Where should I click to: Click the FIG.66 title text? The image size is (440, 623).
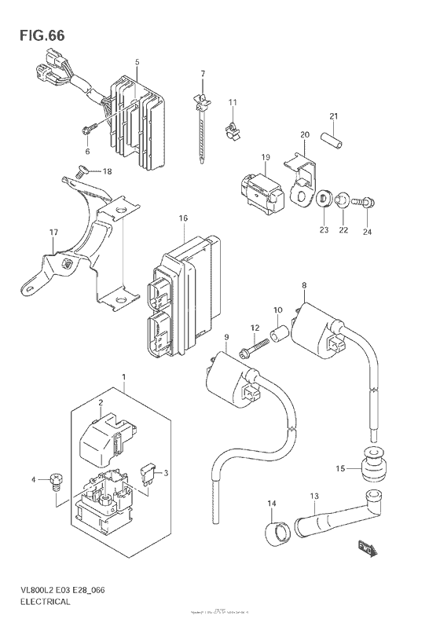point(37,36)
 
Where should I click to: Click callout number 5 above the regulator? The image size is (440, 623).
point(137,61)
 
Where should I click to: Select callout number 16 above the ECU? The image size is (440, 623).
point(183,218)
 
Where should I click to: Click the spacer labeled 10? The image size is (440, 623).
point(277,337)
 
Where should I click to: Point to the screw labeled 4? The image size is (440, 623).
point(56,479)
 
